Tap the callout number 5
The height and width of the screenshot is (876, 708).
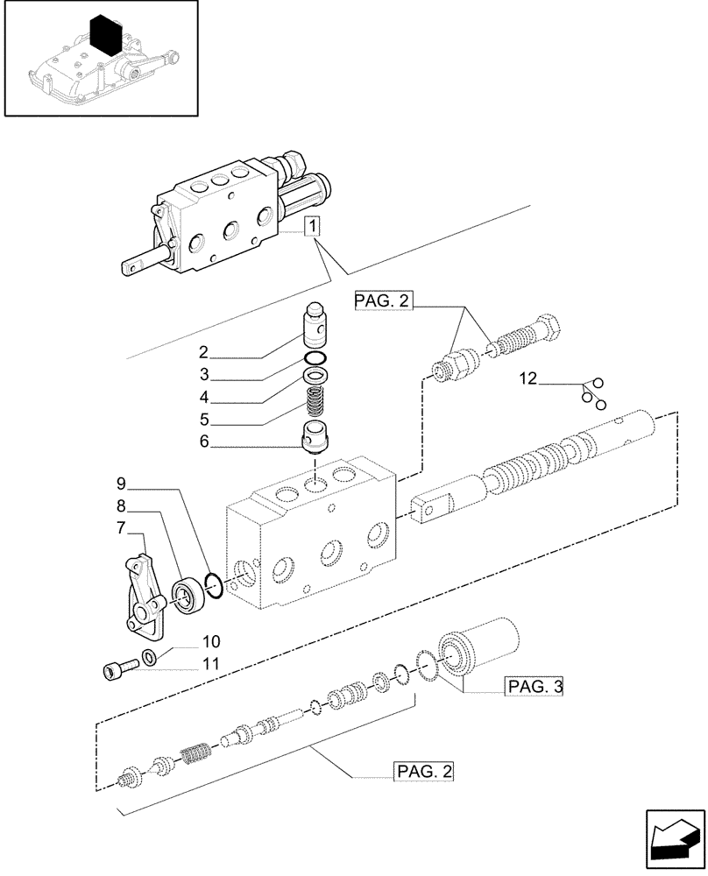pyautogui.click(x=203, y=420)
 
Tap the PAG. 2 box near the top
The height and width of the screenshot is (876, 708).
pyautogui.click(x=382, y=302)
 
